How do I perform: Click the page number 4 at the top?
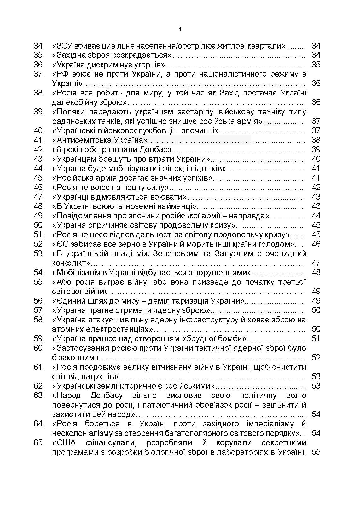(180, 29)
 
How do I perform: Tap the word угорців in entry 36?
(152, 65)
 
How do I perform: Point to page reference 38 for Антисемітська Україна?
(316, 140)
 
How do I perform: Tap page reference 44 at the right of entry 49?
(316, 216)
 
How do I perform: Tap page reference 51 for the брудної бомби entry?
(316, 338)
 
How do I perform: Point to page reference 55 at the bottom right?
(316, 452)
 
